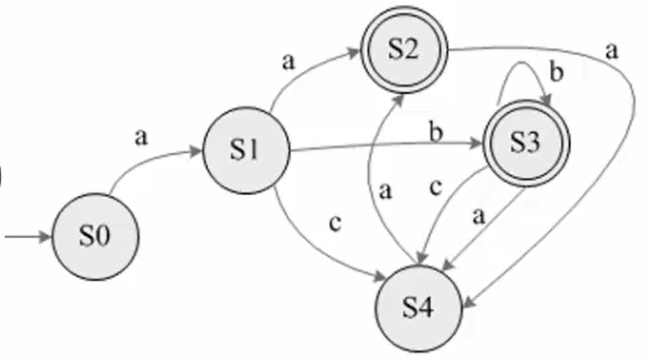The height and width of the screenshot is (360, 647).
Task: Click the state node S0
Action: (x=95, y=236)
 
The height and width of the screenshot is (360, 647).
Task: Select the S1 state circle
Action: (x=245, y=150)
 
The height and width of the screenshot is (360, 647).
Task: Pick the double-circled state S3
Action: (x=526, y=141)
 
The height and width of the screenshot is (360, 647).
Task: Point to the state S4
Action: (x=417, y=307)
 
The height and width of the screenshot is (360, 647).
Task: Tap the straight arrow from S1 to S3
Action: (x=385, y=146)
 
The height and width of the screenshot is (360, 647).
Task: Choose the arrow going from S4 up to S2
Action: (x=375, y=179)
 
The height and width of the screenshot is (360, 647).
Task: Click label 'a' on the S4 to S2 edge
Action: (x=386, y=191)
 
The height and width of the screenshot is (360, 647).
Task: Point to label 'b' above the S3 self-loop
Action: (x=556, y=72)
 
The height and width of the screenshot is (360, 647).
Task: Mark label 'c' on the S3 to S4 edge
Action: (x=436, y=189)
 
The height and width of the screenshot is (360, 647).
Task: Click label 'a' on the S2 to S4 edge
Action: (x=612, y=49)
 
